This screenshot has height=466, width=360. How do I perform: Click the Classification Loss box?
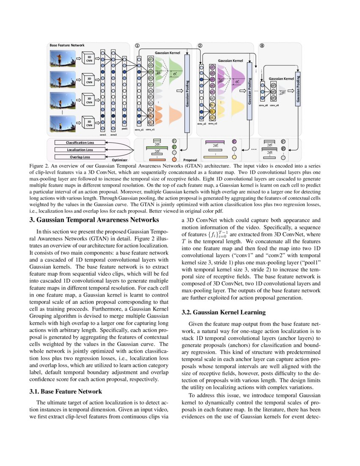[x=80, y=143]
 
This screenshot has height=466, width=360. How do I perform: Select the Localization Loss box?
[x=80, y=150]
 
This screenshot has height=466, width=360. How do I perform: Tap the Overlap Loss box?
[x=80, y=157]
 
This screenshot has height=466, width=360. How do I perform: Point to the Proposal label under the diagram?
[x=191, y=161]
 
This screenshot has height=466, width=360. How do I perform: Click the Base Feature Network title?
[x=67, y=45]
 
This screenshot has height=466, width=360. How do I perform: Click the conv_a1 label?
[x=139, y=129]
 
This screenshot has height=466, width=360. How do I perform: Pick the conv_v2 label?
[x=213, y=124]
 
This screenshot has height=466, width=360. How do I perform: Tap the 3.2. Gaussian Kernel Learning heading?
[x=223, y=313]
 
